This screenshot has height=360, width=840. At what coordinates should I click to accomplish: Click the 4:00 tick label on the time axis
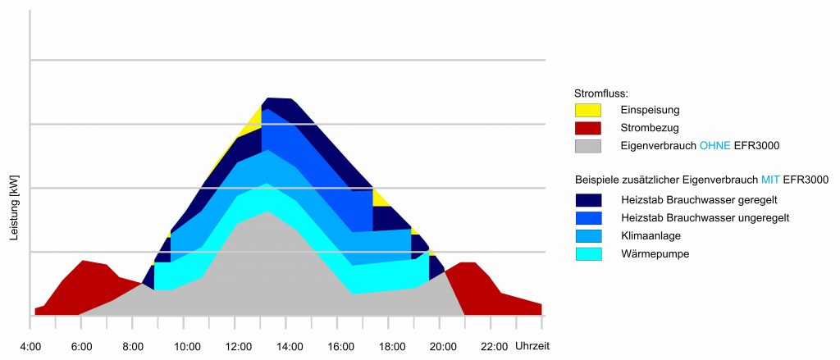tap(30, 347)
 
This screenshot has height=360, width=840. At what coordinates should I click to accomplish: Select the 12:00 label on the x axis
tap(238, 347)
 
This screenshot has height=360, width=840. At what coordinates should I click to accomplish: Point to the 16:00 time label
tap(340, 347)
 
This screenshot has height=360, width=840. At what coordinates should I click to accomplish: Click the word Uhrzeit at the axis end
tap(532, 347)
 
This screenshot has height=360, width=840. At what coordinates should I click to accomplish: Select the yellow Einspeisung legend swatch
tap(587, 109)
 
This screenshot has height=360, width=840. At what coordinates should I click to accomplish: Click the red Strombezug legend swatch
tap(587, 127)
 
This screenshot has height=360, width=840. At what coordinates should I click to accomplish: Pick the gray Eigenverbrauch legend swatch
tap(587, 145)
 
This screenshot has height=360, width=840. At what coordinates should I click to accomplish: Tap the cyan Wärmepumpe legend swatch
tap(587, 254)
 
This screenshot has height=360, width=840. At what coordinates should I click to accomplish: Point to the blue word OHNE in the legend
tap(715, 146)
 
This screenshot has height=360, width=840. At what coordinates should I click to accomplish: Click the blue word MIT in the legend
tap(771, 180)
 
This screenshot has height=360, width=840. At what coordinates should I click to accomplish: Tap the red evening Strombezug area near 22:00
tap(484, 287)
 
